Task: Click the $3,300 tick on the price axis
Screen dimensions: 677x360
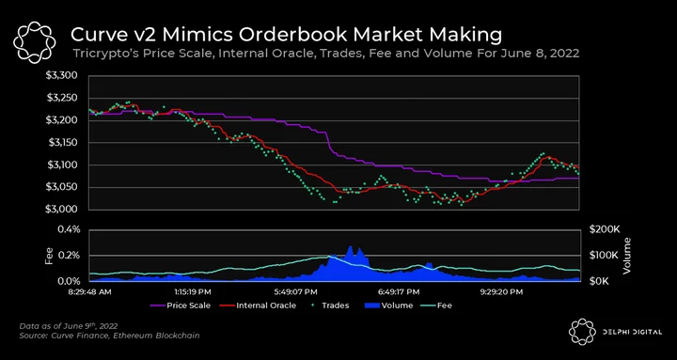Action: coord(61,76)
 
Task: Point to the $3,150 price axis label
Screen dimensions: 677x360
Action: coord(61,143)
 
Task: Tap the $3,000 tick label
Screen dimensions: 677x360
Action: coord(61,210)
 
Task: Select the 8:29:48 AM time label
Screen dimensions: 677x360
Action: coord(90,291)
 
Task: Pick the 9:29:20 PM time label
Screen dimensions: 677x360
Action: coord(500,291)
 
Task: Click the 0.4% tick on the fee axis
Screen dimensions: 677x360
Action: coord(69,229)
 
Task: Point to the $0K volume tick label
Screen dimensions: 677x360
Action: coord(599,281)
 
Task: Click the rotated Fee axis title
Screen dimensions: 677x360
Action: coord(49,256)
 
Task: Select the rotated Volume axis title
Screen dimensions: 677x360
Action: coord(626,256)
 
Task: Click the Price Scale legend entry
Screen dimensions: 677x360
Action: coord(181,305)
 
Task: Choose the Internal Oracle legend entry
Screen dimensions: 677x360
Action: coord(259,305)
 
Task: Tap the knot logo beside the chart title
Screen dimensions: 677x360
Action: coord(34,42)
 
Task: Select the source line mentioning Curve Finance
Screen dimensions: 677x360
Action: coord(109,336)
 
